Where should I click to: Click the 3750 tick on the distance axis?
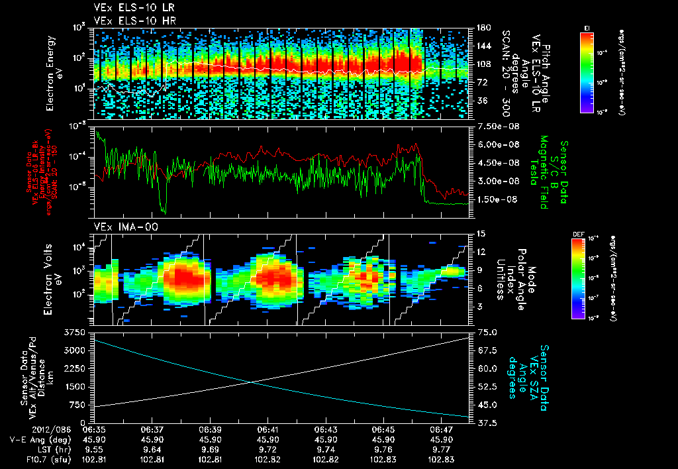[81, 331]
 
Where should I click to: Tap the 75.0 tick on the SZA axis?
[487, 331]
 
